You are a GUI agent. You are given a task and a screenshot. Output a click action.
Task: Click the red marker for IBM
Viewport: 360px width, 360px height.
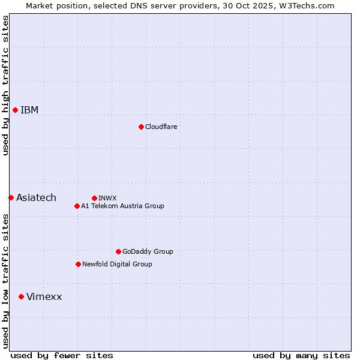pyautogui.click(x=15, y=110)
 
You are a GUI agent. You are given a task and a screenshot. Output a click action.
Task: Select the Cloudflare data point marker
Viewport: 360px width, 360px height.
pyautogui.click(x=141, y=127)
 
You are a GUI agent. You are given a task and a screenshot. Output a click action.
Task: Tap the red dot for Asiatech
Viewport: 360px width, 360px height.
pyautogui.click(x=11, y=197)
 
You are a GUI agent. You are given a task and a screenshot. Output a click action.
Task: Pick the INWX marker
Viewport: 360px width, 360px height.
pyautogui.click(x=94, y=198)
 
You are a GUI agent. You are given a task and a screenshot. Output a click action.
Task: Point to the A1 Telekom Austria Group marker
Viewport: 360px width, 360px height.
pyautogui.click(x=77, y=206)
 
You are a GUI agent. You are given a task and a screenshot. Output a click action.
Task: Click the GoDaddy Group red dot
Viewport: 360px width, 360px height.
pyautogui.click(x=118, y=251)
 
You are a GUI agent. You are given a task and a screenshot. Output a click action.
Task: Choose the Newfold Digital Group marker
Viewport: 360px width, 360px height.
pyautogui.click(x=78, y=264)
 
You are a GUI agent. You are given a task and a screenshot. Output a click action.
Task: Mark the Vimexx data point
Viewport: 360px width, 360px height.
pyautogui.click(x=21, y=296)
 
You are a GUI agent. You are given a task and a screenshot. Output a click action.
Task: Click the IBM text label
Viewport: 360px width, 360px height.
pyautogui.click(x=29, y=110)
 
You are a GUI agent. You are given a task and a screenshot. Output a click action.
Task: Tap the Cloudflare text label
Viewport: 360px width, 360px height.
pyautogui.click(x=161, y=127)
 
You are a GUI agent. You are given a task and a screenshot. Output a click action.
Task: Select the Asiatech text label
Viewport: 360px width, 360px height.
pyautogui.click(x=36, y=198)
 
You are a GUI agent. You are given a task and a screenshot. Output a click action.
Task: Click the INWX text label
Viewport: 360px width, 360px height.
pyautogui.click(x=107, y=198)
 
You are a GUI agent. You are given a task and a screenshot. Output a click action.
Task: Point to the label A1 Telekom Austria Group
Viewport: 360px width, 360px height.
pyautogui.click(x=122, y=206)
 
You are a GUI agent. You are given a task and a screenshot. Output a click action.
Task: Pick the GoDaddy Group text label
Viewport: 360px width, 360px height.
pyautogui.click(x=148, y=251)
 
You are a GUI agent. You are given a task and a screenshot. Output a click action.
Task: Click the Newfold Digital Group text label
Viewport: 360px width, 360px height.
pyautogui.click(x=117, y=264)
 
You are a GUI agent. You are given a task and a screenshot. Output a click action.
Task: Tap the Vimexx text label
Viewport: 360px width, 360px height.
pyautogui.click(x=44, y=297)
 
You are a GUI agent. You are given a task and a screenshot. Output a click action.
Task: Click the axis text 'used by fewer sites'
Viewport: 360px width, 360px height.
pyautogui.click(x=62, y=355)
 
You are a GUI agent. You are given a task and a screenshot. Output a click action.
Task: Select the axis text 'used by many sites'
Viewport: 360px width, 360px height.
pyautogui.click(x=301, y=355)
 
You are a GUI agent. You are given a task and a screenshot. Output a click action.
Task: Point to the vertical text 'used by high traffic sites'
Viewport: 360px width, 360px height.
pyautogui.click(x=5, y=85)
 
